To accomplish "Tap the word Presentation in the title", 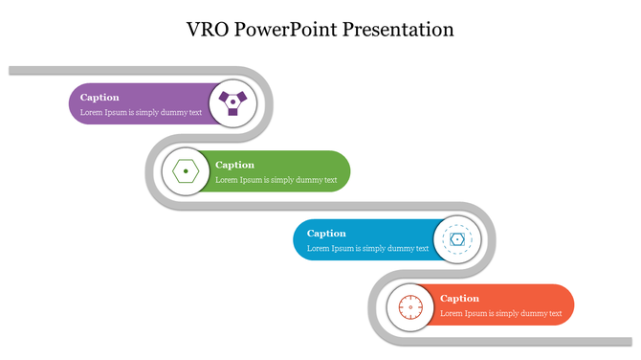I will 402,29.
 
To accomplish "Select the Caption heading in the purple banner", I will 99,97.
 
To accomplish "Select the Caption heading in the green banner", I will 234,165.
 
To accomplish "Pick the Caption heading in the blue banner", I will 326,233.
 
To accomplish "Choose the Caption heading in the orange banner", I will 459,298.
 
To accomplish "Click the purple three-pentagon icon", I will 232,103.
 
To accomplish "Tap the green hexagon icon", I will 185,171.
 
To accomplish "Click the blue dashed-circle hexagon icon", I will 457,239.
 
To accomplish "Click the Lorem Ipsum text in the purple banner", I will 141,112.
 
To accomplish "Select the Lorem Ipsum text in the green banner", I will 276,180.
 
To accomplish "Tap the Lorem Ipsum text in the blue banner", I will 367,248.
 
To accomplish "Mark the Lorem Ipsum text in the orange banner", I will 500,313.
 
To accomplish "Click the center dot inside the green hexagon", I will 185,171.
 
